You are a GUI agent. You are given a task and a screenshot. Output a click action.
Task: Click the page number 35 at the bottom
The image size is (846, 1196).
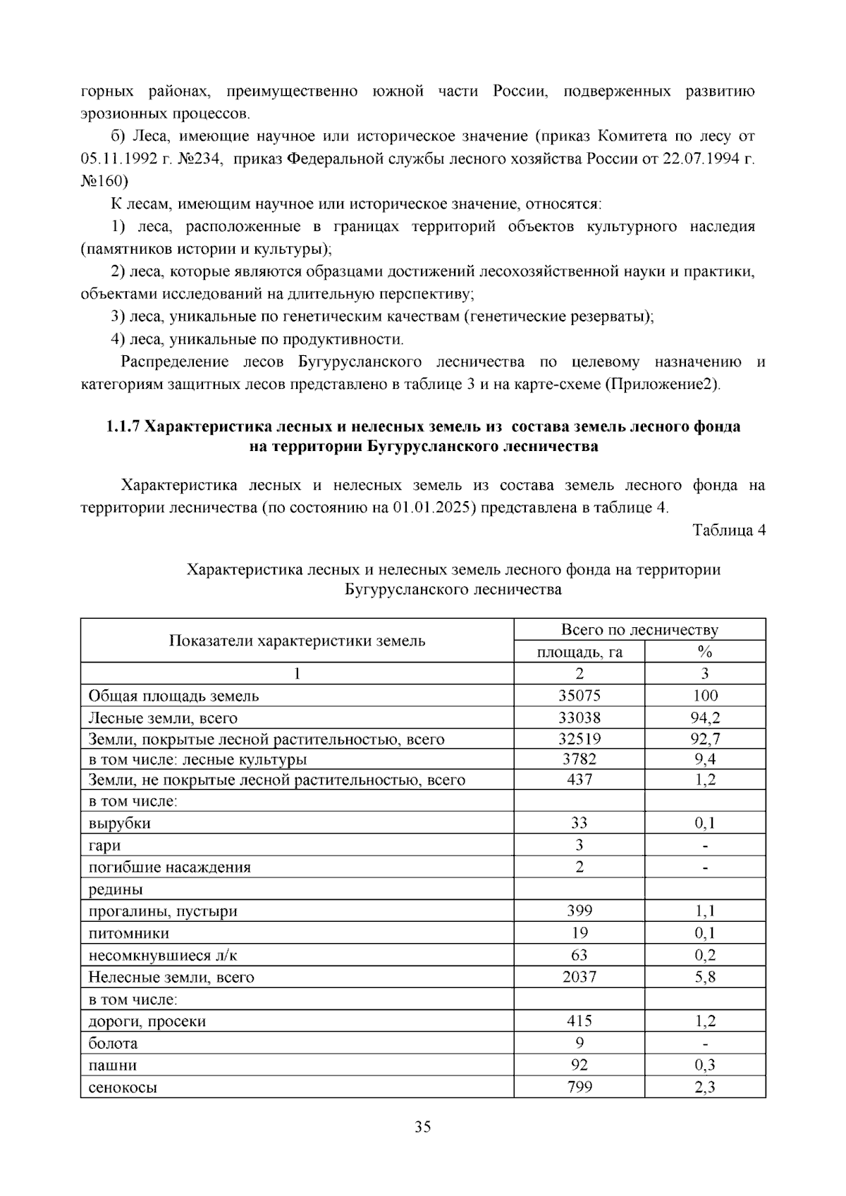(x=422, y=1127)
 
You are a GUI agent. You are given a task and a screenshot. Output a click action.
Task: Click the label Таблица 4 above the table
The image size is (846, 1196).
(x=728, y=531)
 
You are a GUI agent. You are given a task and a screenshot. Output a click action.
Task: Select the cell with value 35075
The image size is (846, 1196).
(x=579, y=696)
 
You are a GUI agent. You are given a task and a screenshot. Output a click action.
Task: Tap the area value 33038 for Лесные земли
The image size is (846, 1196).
(x=579, y=718)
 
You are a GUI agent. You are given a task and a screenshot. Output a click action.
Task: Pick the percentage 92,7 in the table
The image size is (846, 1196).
(x=704, y=739)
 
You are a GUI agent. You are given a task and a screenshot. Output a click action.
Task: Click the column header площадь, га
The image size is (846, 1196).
(x=579, y=652)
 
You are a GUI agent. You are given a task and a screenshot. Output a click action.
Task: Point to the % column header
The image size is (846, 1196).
(x=704, y=652)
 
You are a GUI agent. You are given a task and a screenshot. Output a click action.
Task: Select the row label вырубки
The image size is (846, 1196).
(x=119, y=823)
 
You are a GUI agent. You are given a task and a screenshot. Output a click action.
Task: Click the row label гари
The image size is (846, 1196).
(x=104, y=845)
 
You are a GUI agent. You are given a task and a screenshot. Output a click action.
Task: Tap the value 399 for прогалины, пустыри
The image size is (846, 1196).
(x=579, y=911)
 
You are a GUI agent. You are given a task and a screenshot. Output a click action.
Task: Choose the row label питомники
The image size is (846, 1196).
(x=128, y=933)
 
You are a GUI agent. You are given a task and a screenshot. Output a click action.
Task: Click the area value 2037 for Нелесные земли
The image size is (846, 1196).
(x=579, y=977)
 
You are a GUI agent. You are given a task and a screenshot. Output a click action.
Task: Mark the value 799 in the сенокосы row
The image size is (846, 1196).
(x=579, y=1087)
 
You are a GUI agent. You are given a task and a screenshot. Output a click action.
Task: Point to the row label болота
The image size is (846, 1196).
(x=113, y=1043)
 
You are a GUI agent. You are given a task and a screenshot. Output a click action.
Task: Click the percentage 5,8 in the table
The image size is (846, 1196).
(x=704, y=977)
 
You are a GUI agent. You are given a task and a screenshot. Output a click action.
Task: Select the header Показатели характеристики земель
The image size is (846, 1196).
(x=297, y=641)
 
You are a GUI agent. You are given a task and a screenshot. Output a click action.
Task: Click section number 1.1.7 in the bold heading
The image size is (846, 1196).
(x=123, y=426)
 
